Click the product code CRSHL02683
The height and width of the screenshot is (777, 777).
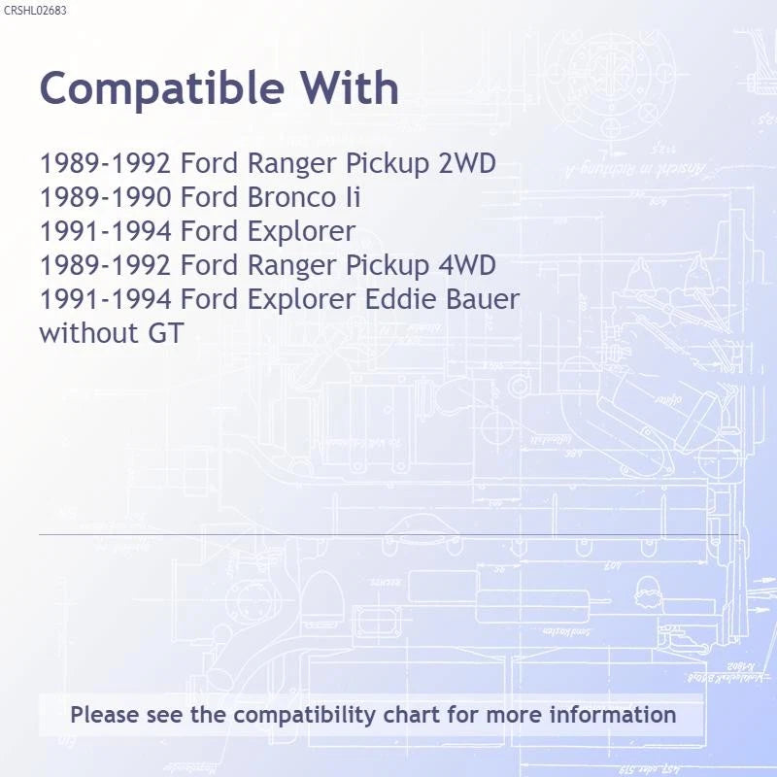coord(35,11)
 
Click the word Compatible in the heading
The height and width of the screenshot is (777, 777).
coord(162,89)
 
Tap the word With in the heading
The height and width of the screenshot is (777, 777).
coord(350,87)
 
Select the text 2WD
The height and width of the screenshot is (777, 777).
coord(467,163)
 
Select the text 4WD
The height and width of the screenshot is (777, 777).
coord(467,264)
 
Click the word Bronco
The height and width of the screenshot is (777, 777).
coord(292,197)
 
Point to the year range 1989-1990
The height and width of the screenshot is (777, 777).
coord(105,197)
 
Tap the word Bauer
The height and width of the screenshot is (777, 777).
coord(483,299)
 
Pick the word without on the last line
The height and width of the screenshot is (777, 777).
coord(88,332)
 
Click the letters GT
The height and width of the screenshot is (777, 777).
coord(165,332)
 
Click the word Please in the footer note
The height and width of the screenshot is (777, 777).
coord(105,715)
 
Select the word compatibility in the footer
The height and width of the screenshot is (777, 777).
coord(304,716)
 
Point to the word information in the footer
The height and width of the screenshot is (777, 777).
coord(613,715)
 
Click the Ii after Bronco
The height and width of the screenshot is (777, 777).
coord(354,197)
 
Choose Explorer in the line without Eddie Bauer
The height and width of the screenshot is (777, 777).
coord(301,231)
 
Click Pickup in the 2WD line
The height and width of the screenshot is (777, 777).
coord(387,164)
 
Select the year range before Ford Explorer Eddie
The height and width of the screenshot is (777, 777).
coord(105,299)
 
